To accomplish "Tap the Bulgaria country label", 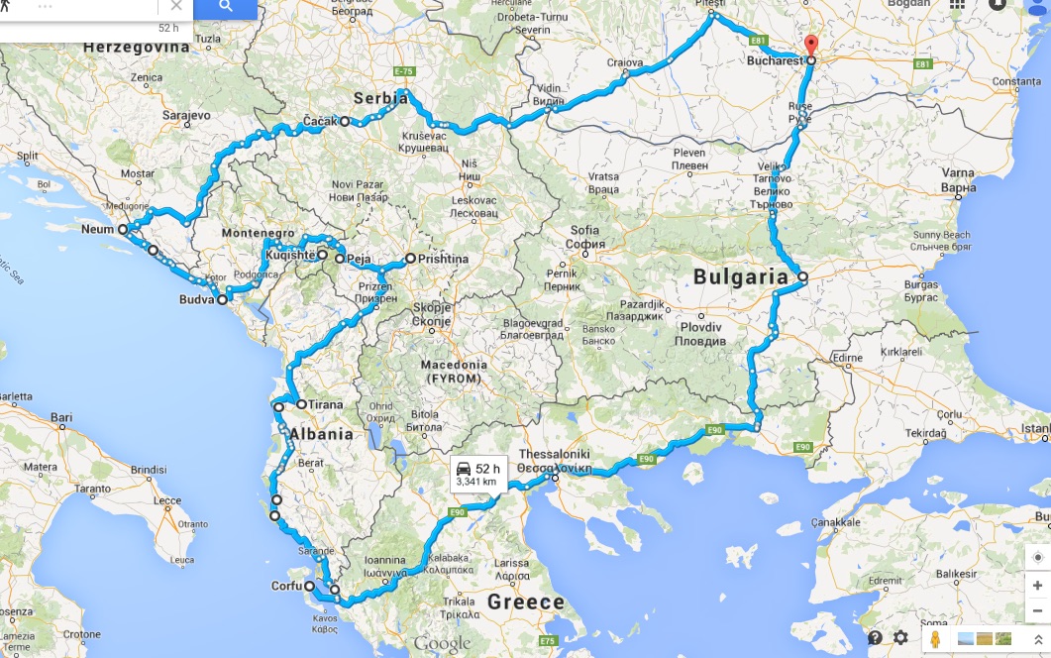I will [739, 277].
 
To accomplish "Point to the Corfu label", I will [286, 586].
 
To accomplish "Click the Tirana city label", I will [325, 404].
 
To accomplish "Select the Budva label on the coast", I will [197, 298].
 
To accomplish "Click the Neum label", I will [98, 229].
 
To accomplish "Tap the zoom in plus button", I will [1036, 586].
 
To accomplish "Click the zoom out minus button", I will [1036, 610].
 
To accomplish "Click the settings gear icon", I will [900, 638].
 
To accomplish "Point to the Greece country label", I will [526, 602].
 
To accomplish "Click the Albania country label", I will [321, 434].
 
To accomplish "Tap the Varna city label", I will [959, 173].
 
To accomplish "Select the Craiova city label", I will [626, 63].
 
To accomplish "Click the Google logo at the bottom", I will [442, 644].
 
